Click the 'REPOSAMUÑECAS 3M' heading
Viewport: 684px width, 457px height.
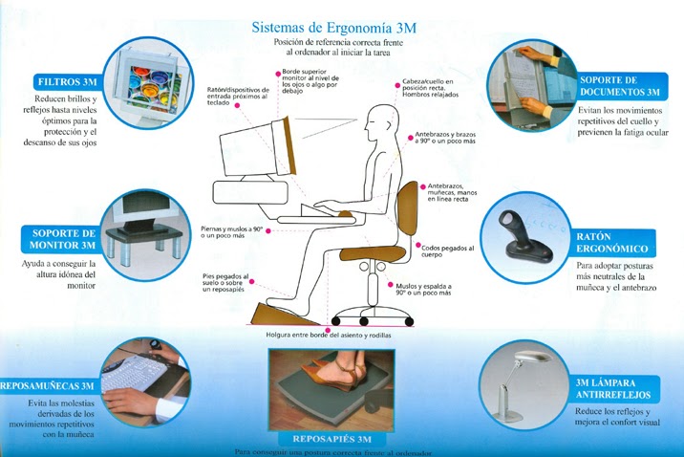[x=49, y=384]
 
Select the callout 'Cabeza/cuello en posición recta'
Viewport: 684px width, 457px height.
[x=426, y=92]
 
